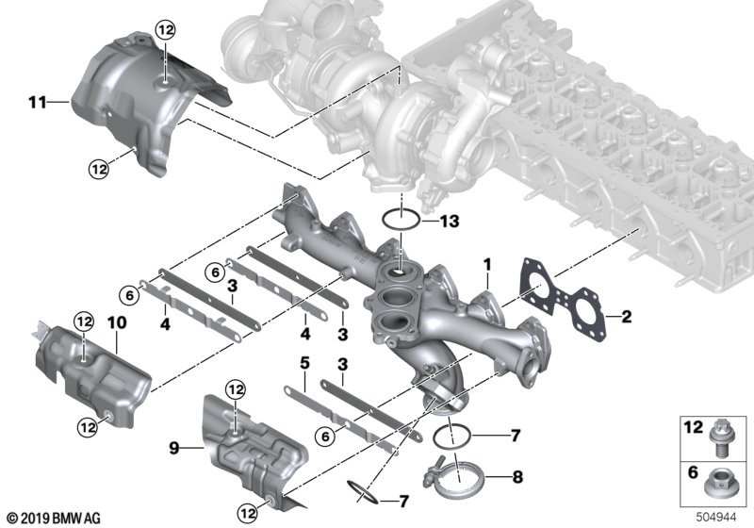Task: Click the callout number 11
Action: pos(38,103)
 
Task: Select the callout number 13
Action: pos(450,222)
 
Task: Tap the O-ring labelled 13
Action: pos(402,220)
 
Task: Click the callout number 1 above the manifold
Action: pos(487,265)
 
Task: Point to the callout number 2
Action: pos(626,317)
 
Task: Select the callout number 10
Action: pos(117,322)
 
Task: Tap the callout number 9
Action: pos(174,448)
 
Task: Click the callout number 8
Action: pos(517,477)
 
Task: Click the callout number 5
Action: pos(304,364)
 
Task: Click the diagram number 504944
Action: pos(716,518)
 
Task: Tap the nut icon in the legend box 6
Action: pos(717,485)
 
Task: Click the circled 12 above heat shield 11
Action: pos(165,30)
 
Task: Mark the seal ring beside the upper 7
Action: pos(451,437)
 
